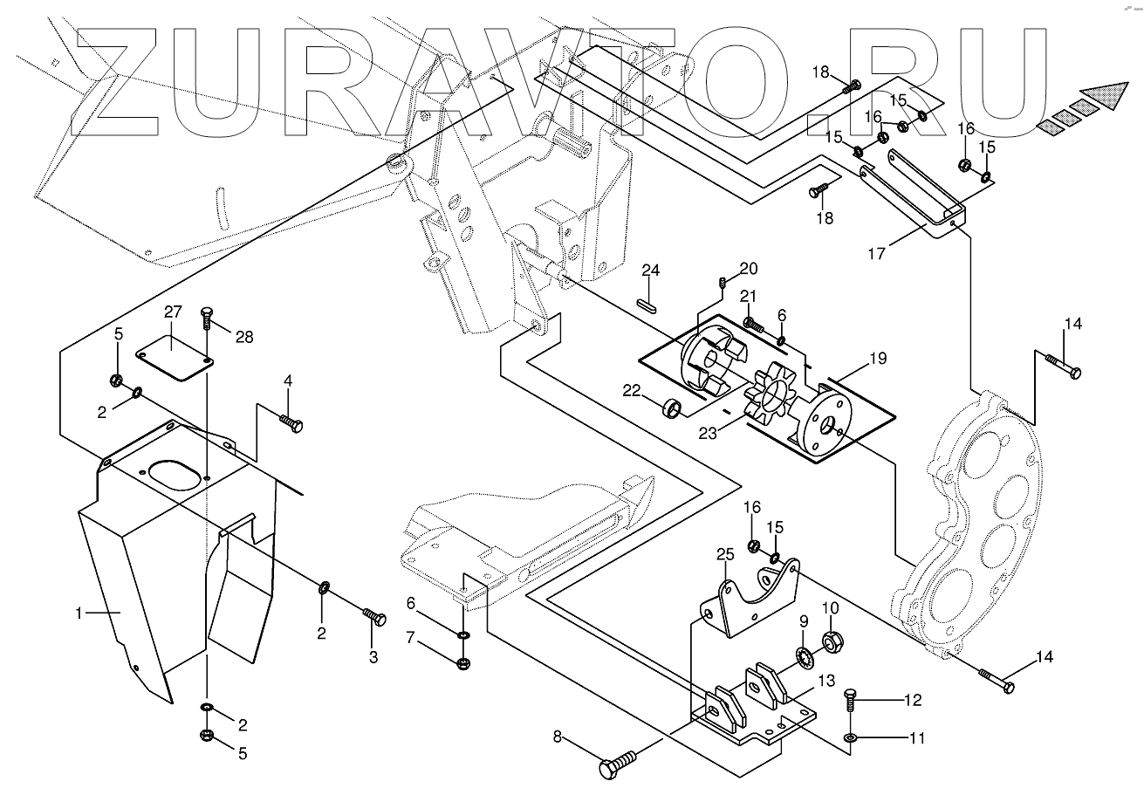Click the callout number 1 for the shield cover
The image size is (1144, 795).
80,613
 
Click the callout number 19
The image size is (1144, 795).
878,358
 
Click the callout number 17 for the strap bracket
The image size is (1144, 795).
877,254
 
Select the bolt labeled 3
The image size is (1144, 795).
375,619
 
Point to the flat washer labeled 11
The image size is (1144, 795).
851,739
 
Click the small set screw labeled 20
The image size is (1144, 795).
723,281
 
